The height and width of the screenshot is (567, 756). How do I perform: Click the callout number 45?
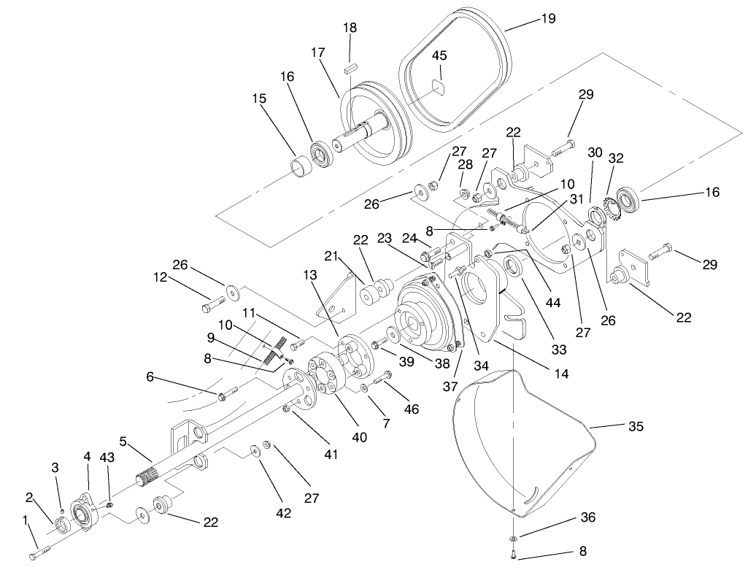439,56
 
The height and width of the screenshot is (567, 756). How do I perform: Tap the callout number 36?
588,517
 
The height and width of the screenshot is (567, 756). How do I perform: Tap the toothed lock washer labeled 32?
608,208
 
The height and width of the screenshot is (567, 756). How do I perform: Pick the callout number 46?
412,409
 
